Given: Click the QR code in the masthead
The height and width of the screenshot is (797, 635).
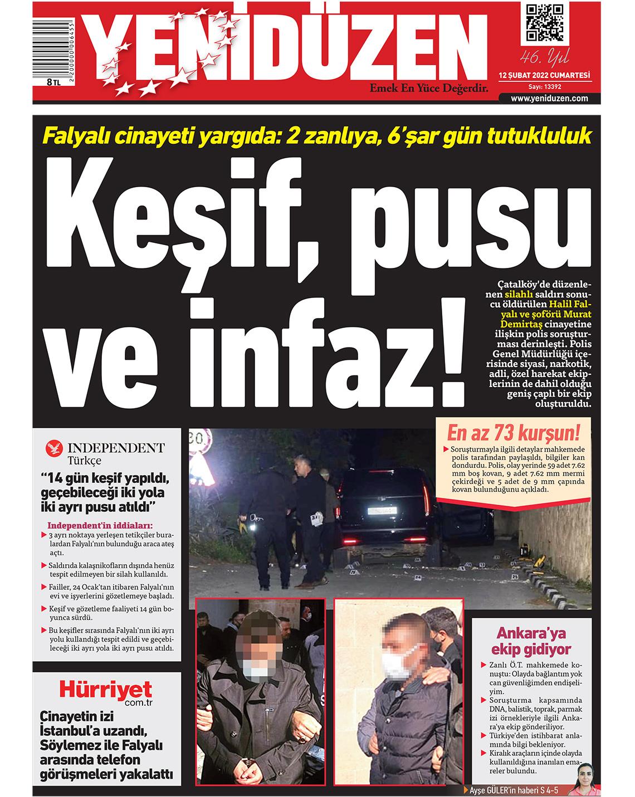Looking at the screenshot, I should point(544,23).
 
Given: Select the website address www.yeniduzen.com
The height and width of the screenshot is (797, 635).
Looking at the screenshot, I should point(549,99).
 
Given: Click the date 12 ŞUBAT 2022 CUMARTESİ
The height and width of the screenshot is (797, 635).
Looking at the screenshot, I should point(544,75).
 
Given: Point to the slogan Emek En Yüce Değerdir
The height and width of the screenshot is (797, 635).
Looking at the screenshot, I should point(429,88).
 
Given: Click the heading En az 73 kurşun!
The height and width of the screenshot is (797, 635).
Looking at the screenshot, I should point(513,433).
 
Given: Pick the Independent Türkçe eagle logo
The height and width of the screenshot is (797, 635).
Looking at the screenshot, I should point(55,448).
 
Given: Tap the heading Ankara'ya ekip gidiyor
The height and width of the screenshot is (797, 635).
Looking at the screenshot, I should point(531,641).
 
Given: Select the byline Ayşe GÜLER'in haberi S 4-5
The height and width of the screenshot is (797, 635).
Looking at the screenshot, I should point(514,790).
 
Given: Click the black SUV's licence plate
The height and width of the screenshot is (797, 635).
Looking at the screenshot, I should point(381,510).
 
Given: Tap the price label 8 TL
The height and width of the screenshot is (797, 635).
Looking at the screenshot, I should point(54,82).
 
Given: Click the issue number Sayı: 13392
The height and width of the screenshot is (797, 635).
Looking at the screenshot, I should point(544,87).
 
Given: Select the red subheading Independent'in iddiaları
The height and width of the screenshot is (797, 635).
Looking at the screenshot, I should point(100,525).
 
